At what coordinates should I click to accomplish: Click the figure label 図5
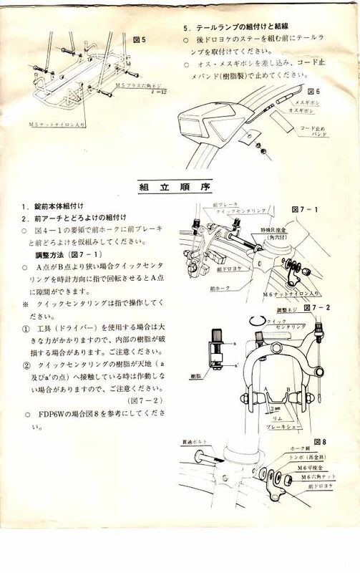[140, 40]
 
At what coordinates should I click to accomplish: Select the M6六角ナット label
[315, 477]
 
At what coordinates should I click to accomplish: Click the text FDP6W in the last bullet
[49, 414]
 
